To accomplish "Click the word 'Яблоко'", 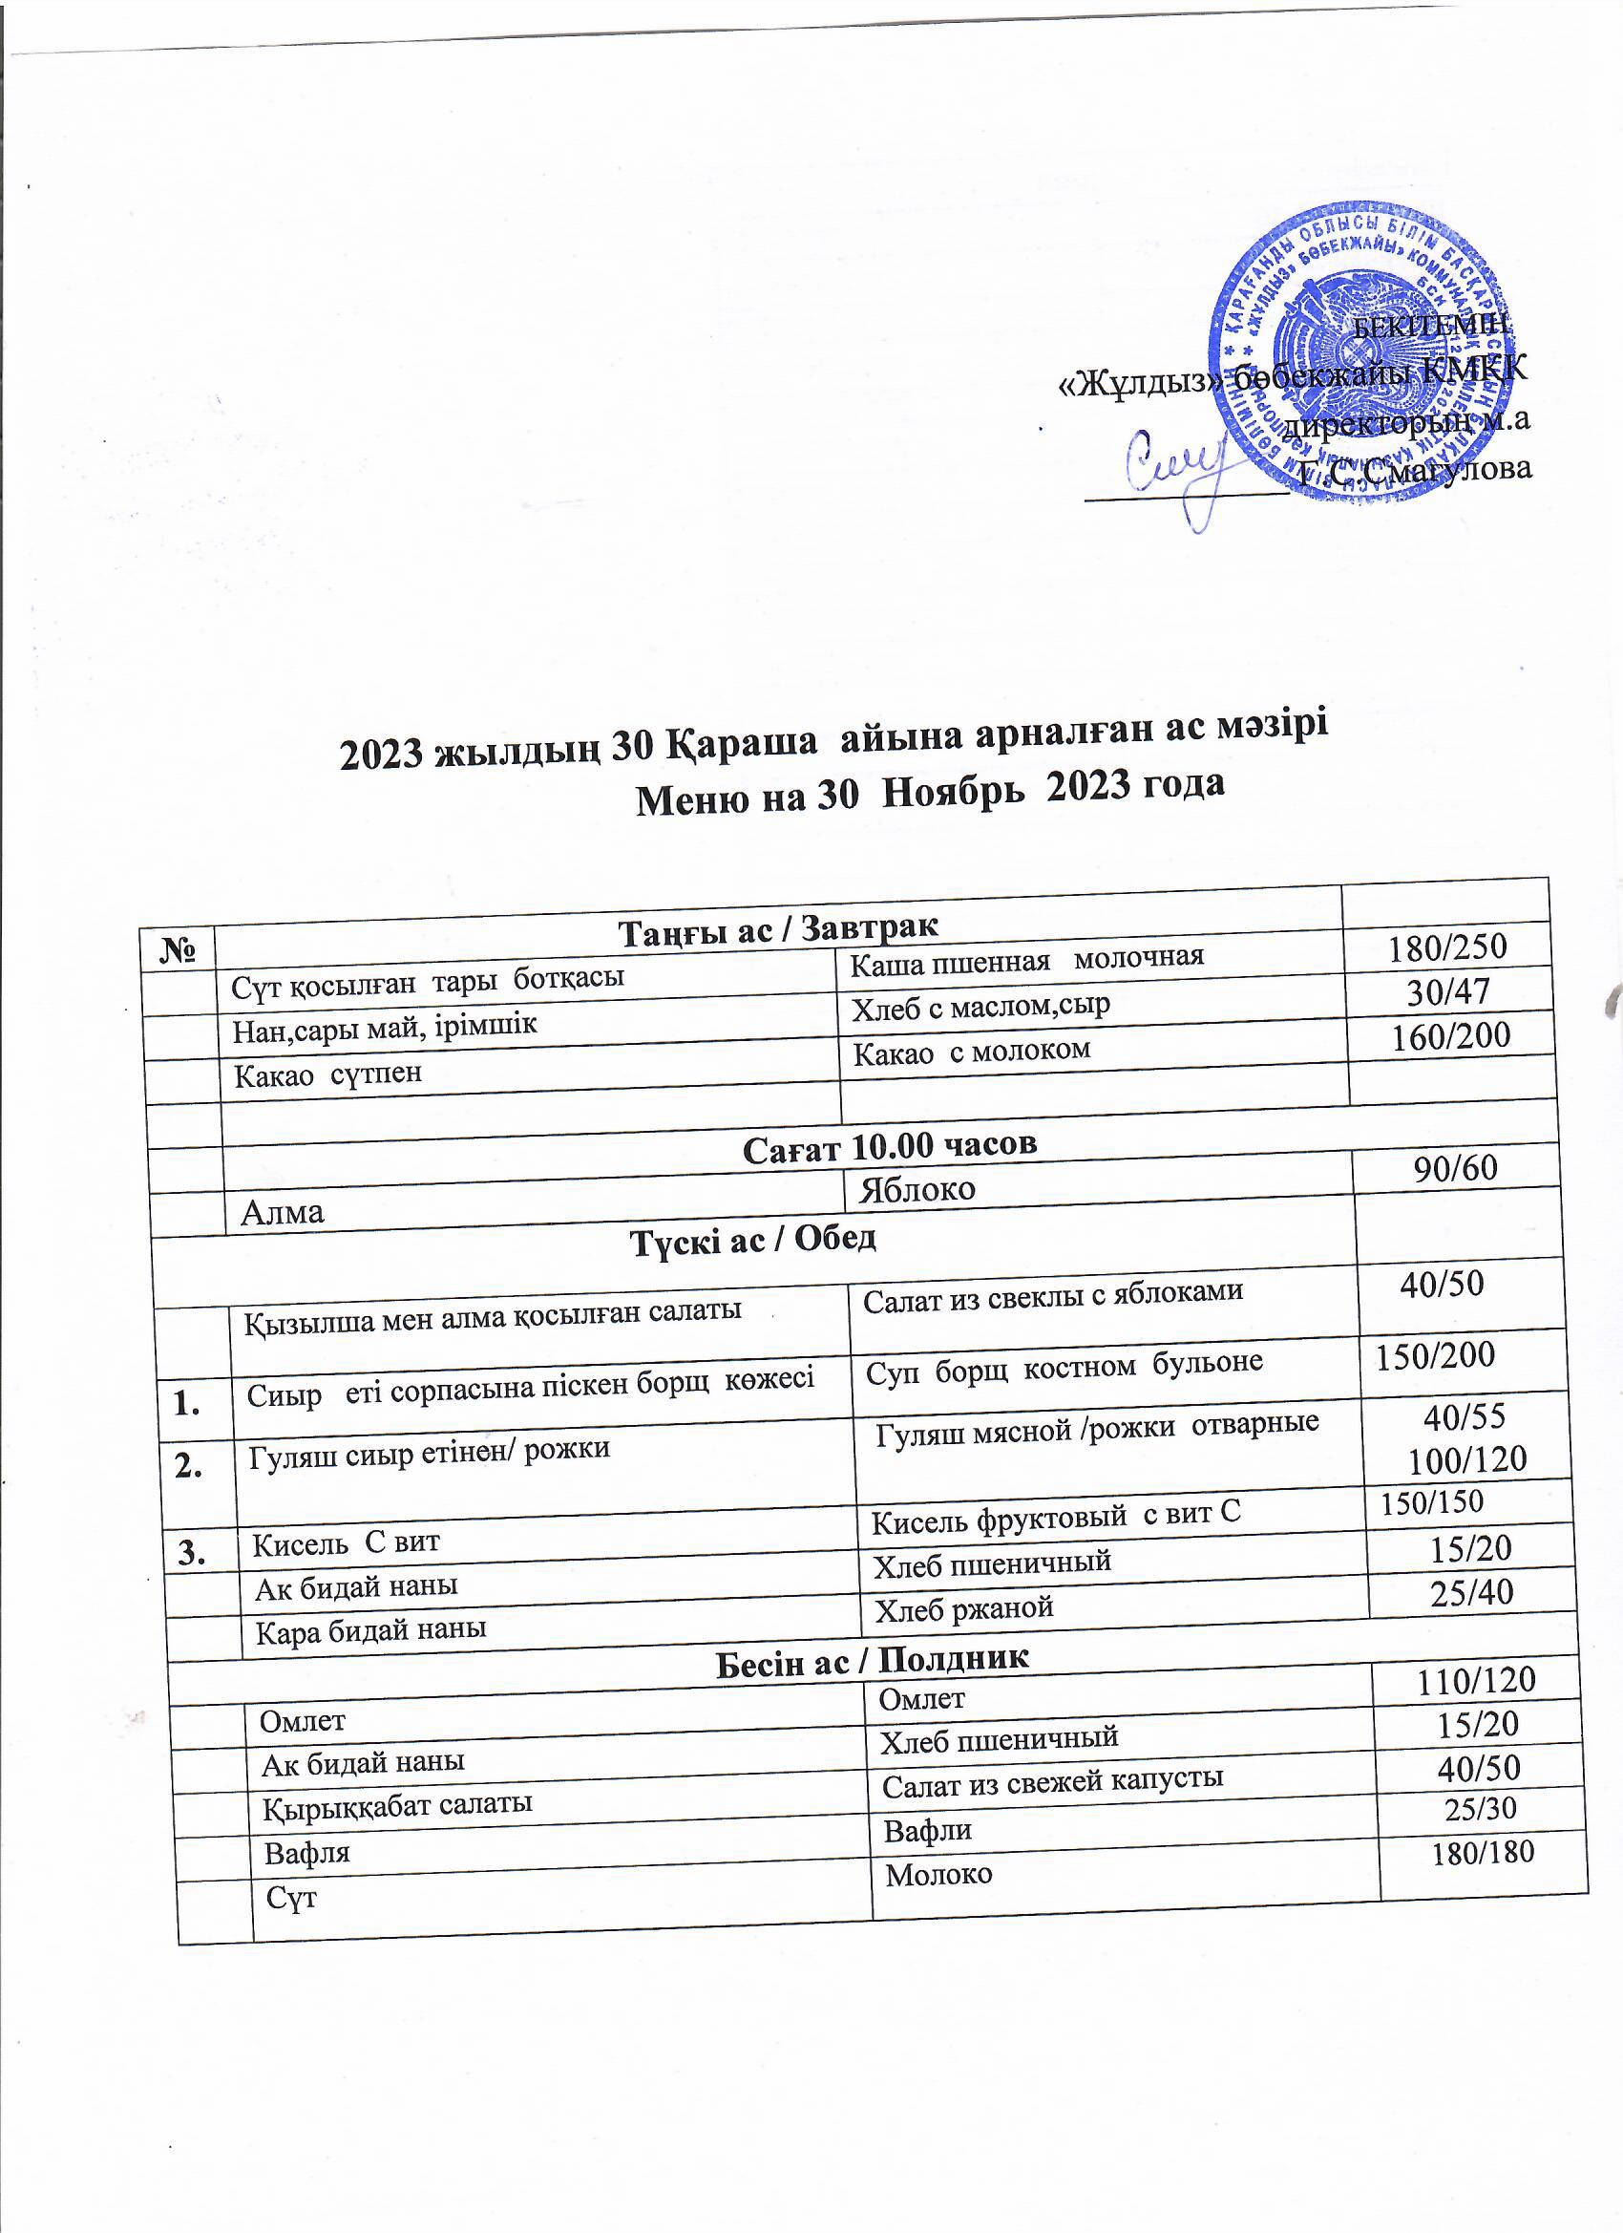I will click(x=917, y=1189).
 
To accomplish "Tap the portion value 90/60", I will click(x=1456, y=1168).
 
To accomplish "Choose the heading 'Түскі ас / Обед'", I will click(x=753, y=1240).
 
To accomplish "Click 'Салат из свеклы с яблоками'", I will click(x=1053, y=1296).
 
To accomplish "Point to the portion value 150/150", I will click(x=1432, y=1501).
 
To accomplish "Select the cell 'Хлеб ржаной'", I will click(x=964, y=1608).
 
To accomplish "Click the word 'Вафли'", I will click(x=927, y=1830).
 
